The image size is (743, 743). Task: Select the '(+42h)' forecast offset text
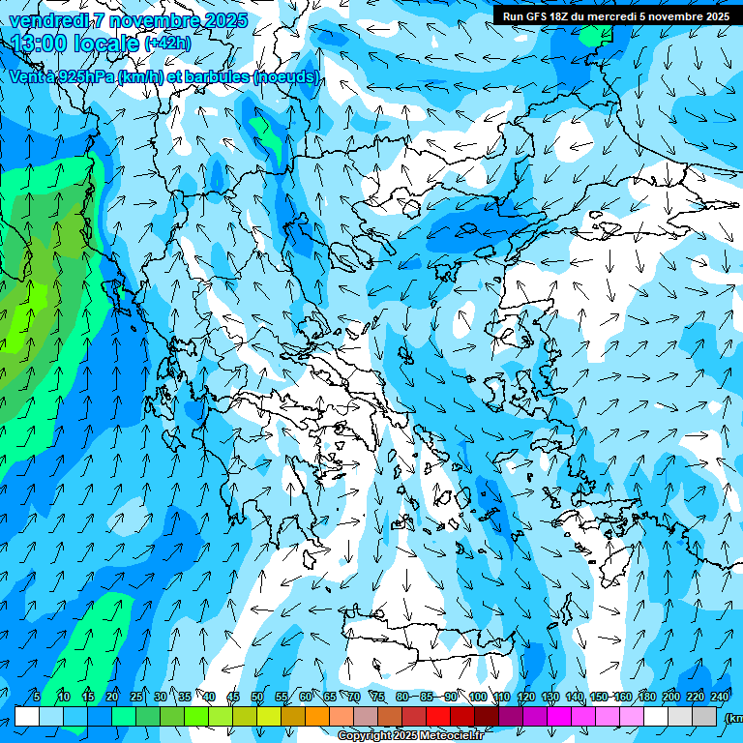(x=167, y=45)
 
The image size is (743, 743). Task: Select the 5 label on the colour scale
(x=36, y=698)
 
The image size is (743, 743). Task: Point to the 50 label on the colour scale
(x=257, y=698)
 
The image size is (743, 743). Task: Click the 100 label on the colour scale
(x=477, y=698)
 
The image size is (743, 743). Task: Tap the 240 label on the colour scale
(x=720, y=698)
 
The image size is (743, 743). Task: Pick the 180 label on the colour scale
(x=647, y=698)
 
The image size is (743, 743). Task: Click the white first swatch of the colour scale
(x=27, y=716)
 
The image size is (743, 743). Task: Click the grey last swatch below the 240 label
(x=704, y=716)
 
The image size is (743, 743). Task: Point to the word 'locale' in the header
(x=107, y=44)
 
